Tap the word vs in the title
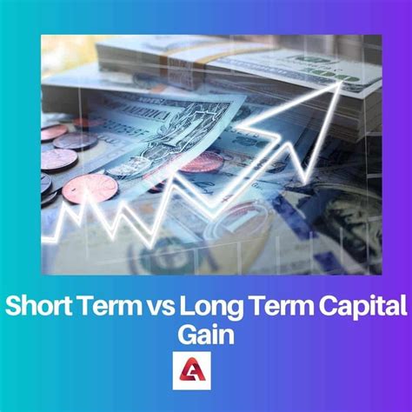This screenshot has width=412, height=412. (x=159, y=309)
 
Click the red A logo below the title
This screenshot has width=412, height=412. (x=192, y=370)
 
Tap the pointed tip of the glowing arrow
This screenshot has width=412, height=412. (x=341, y=83)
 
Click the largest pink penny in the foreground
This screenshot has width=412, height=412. (x=90, y=189)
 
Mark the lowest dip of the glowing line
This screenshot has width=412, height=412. (x=151, y=246)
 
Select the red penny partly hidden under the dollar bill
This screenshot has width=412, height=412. (x=203, y=163)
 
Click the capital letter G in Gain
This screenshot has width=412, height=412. (x=188, y=335)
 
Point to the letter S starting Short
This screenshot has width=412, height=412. (x=14, y=306)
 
